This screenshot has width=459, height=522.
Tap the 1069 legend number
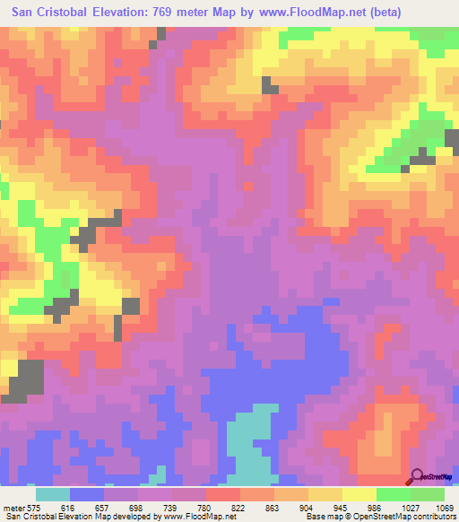click(x=443, y=507)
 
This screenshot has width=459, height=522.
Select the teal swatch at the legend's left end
click(x=53, y=494)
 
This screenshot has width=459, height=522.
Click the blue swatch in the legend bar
click(x=87, y=494)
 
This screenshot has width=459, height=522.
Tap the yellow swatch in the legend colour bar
click(x=359, y=494)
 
